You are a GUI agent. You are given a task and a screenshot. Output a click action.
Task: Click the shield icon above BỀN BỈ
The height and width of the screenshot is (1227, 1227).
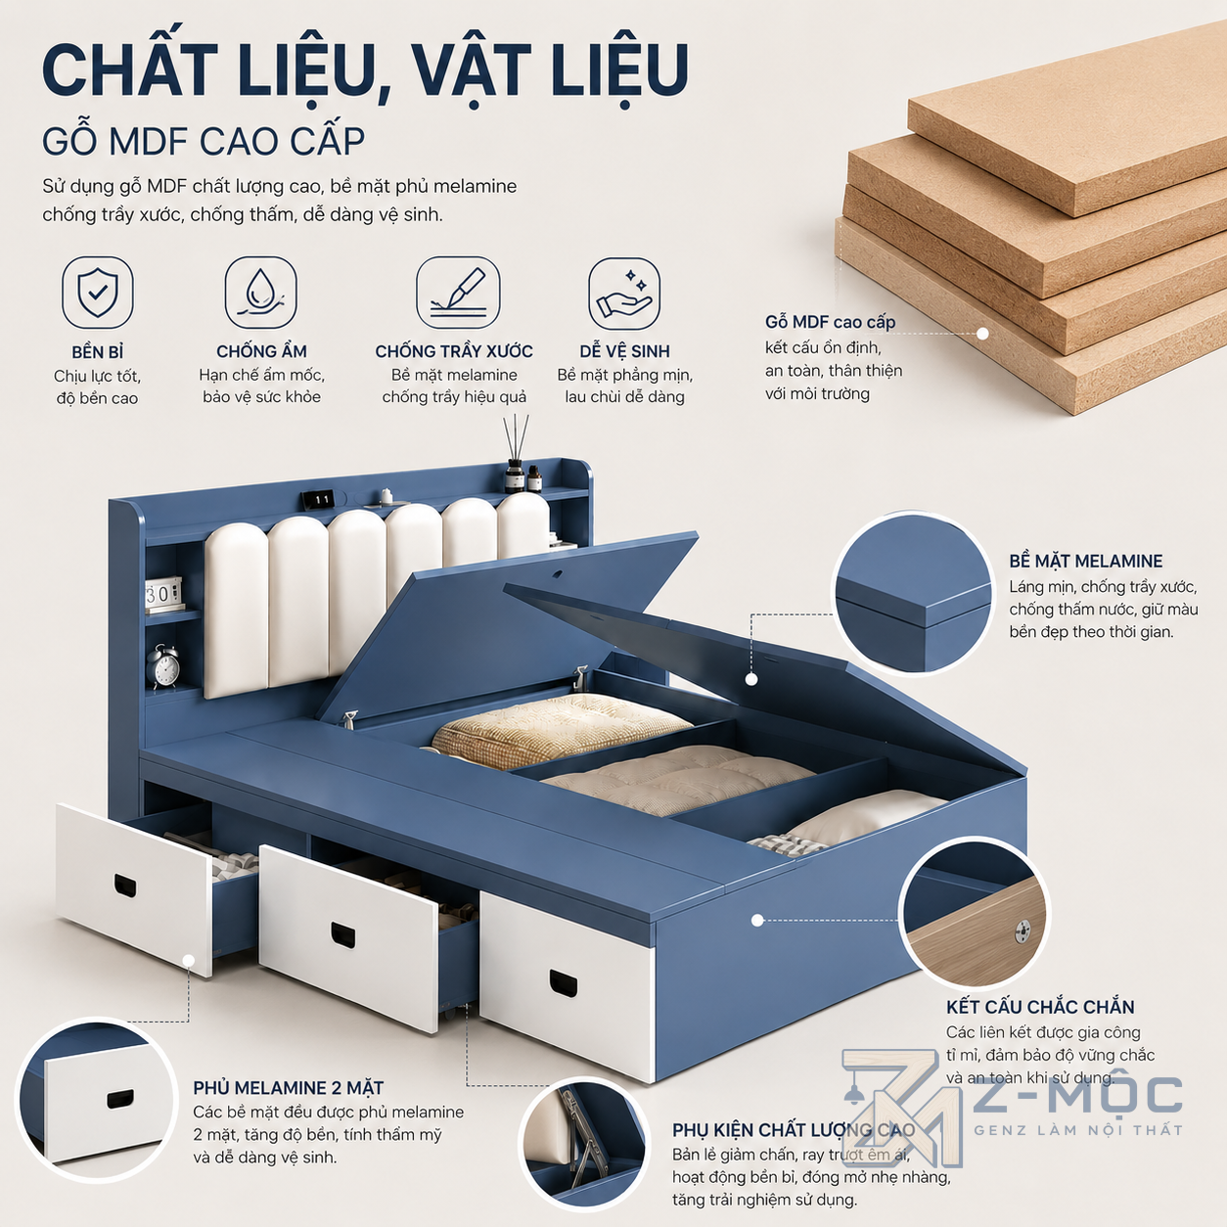coord(98,293)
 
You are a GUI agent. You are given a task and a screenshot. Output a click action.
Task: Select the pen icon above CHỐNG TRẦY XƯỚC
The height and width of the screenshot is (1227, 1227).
coord(458,293)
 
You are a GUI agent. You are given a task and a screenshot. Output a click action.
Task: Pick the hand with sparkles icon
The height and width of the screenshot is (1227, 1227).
coord(624,294)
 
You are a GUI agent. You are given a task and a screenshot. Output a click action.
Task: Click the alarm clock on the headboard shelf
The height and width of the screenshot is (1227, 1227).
coord(163,666)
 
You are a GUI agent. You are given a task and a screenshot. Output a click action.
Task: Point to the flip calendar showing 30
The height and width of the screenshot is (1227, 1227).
coord(162,595)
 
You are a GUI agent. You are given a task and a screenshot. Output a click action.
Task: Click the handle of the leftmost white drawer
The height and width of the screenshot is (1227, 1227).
coord(125,886)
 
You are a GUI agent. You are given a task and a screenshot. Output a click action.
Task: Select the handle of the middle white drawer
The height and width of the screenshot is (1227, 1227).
coord(343,934)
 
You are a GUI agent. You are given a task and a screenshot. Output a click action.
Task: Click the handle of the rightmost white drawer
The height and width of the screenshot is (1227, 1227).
coord(563,983)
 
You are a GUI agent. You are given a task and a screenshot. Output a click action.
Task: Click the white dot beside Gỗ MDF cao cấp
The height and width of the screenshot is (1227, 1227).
coord(982,333)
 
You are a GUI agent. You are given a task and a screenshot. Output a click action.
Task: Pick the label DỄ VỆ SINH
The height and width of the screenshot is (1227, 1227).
coord(624,351)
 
